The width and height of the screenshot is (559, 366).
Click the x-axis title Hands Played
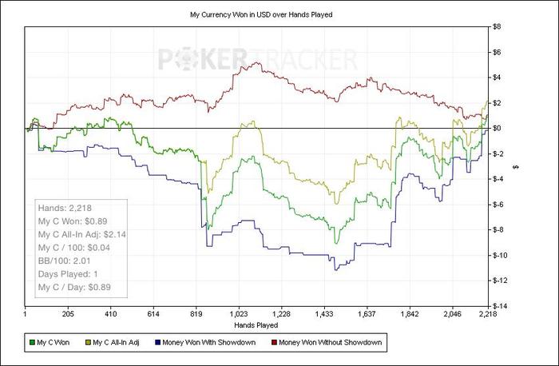256,325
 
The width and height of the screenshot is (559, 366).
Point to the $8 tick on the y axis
495,26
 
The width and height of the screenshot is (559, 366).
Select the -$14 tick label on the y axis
498,306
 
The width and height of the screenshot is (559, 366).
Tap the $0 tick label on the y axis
495,128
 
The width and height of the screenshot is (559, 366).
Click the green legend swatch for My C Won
32,343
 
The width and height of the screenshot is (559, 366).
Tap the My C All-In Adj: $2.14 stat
81,233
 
